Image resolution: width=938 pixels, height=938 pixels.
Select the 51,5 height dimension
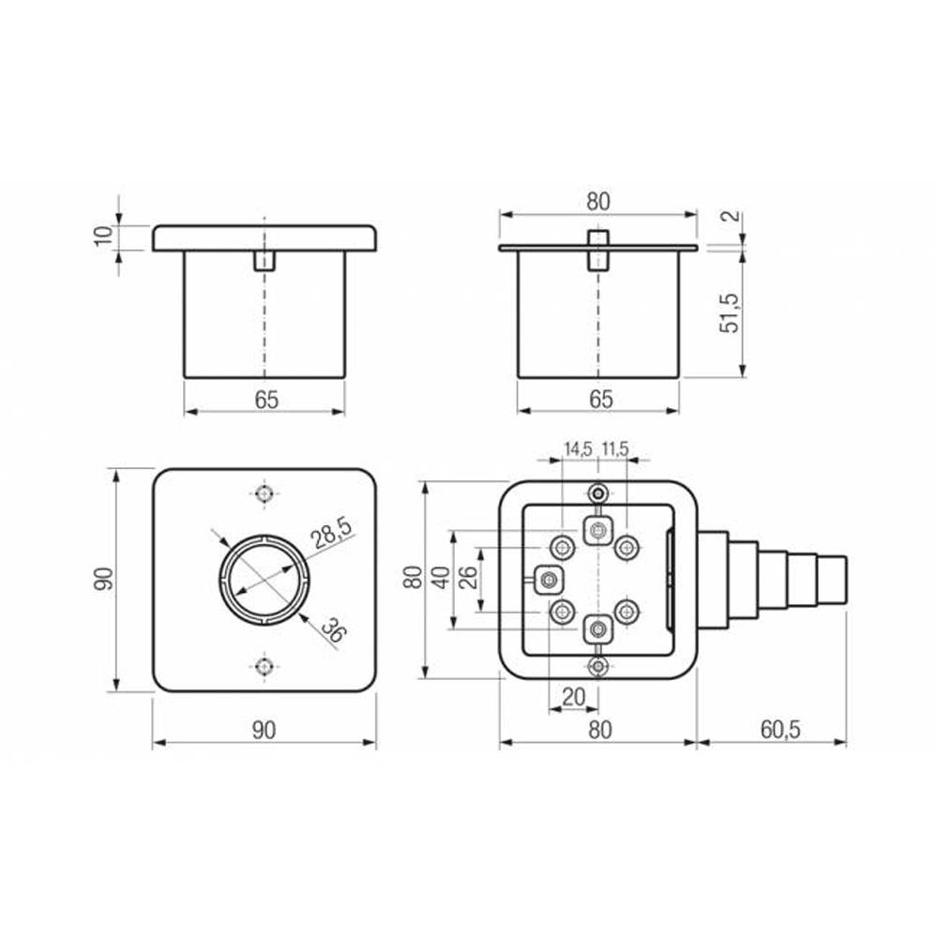pos(730,313)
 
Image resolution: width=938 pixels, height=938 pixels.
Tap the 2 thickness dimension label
pos(733,216)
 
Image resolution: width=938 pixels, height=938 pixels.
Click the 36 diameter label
pos(333,629)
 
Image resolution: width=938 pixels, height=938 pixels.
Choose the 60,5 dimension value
pos(780,729)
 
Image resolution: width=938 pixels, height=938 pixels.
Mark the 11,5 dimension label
pos(615,448)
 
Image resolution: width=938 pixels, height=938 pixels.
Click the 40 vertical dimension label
pos(442,578)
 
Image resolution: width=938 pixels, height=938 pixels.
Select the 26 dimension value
pos(470,578)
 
